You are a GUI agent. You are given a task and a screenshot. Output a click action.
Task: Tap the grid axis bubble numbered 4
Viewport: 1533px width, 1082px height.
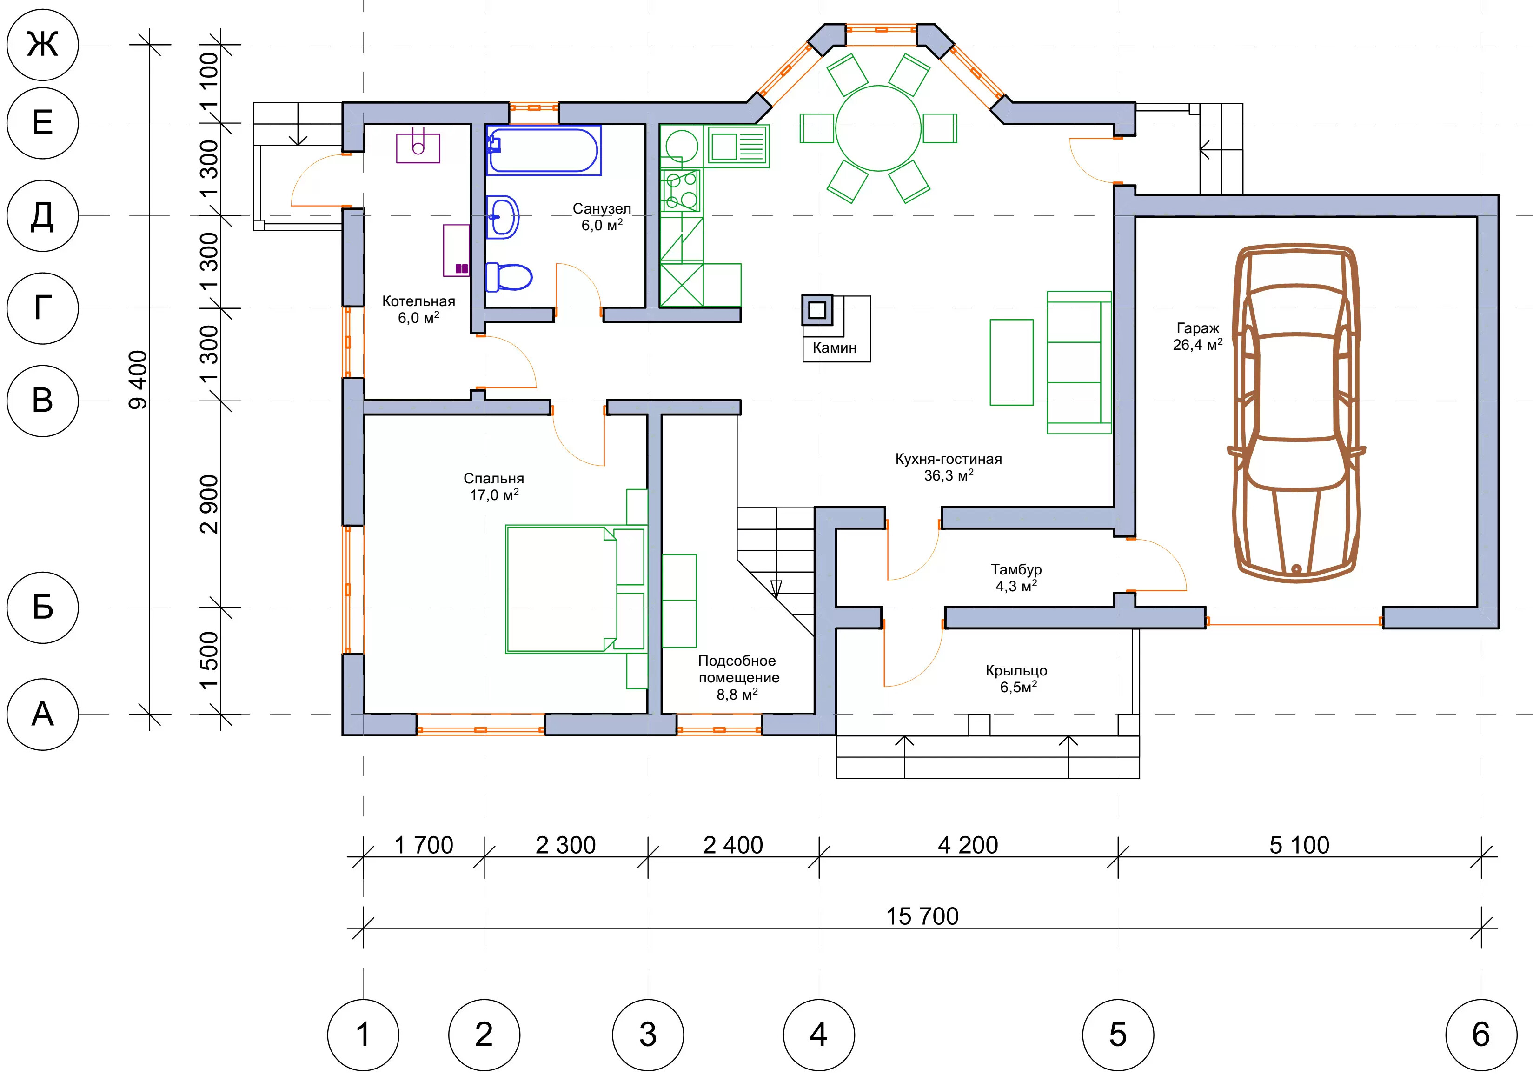point(819,1035)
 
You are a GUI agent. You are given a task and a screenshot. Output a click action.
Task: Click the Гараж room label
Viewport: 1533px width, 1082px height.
point(1198,328)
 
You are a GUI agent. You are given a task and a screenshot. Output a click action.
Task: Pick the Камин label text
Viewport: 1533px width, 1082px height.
point(835,347)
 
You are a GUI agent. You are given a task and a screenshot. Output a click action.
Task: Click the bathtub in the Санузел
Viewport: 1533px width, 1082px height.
point(543,150)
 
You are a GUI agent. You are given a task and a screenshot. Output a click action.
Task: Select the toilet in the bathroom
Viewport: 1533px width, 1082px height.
point(509,276)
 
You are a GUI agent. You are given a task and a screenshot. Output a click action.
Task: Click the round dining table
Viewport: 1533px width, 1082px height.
point(879,128)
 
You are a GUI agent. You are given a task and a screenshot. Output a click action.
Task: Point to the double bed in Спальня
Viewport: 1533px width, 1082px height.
point(576,588)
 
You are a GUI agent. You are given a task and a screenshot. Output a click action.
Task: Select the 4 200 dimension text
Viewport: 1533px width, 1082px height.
point(968,845)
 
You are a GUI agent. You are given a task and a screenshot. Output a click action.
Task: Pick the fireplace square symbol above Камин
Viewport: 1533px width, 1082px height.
point(817,310)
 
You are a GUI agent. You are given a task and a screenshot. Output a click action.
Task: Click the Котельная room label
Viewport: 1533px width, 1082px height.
point(418,301)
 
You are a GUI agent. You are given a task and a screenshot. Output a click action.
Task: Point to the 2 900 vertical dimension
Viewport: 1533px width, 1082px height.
point(209,504)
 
